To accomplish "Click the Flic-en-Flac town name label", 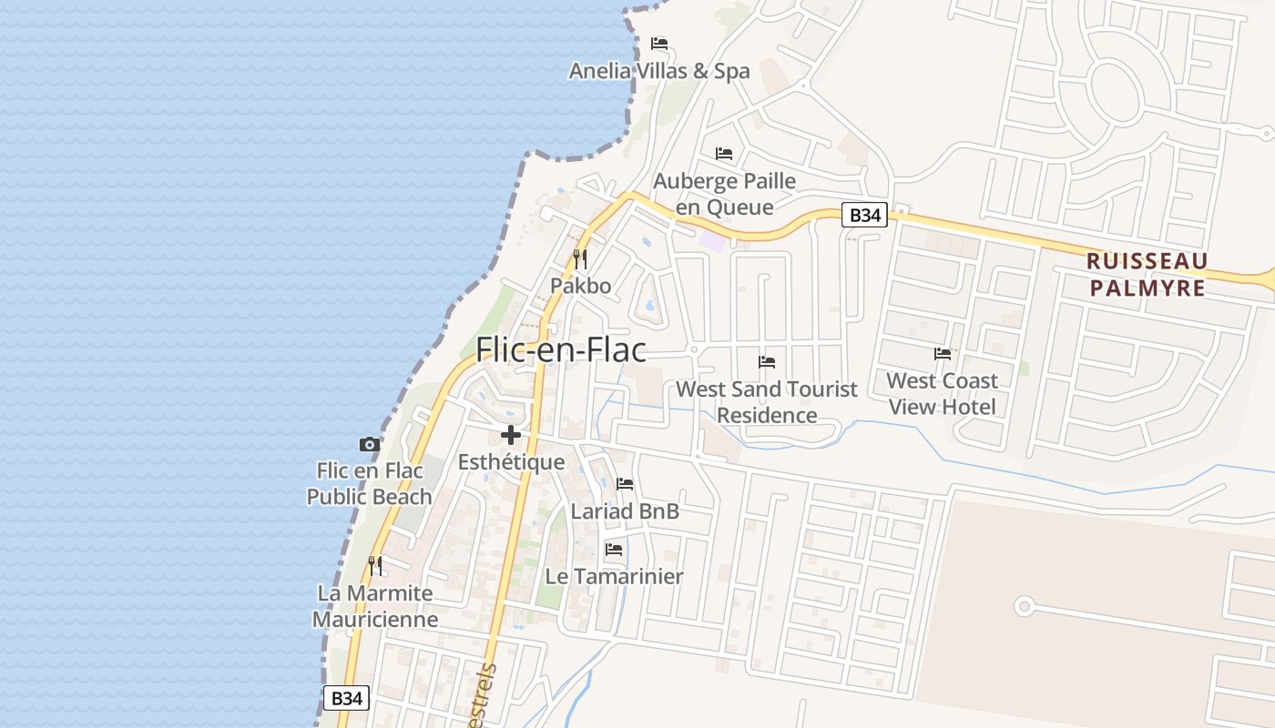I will coord(561,349).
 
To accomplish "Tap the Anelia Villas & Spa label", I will coord(659,71).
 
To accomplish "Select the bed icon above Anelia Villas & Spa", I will coord(659,44).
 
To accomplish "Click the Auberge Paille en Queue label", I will coord(725,194).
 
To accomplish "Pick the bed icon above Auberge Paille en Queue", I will coord(724,153).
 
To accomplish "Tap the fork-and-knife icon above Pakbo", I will coord(580,259).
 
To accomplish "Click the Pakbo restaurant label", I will coord(580,286).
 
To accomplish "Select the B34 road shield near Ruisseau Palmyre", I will coord(863,215).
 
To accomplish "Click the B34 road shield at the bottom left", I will coord(347,698).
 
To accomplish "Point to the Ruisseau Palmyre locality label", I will coord(1147,275).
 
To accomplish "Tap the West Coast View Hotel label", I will coord(943,393).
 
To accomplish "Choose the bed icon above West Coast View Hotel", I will coord(943,353).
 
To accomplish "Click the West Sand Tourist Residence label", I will coord(767,401).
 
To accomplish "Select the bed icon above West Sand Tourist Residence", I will coord(767,362).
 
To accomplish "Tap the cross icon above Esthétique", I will coord(511,435).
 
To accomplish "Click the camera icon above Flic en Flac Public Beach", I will coord(369,444).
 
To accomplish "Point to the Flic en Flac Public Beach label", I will coord(369,484).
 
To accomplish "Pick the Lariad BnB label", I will coord(625,511).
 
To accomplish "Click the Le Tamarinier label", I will coord(614,576).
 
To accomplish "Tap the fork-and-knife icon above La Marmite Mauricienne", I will coord(375,565).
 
